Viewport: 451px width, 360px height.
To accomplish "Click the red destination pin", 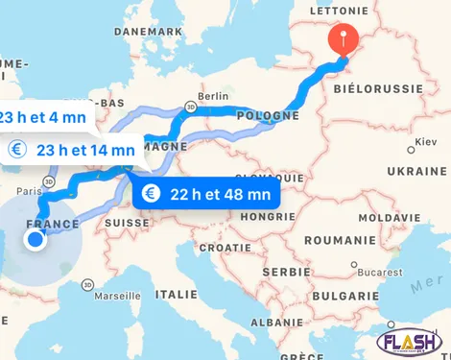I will [343, 38].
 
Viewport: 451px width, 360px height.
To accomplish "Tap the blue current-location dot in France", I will [36, 239].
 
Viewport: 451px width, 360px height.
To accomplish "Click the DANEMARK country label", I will [148, 31].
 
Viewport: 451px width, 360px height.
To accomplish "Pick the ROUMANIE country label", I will [342, 240].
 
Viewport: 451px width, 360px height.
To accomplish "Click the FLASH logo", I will [410, 342].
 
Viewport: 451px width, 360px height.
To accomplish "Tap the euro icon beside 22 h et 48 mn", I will [150, 193].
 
